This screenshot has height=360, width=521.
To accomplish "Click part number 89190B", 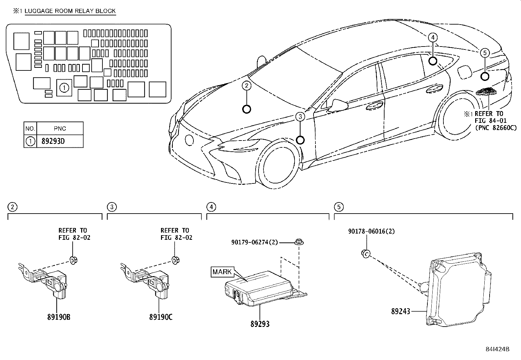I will click(x=59, y=317).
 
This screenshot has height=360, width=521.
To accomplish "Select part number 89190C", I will click(x=161, y=317).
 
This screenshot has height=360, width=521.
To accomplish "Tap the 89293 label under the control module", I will click(x=260, y=324).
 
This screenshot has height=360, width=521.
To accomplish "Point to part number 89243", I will click(x=401, y=311).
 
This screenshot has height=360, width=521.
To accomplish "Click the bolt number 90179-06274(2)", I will click(x=254, y=242).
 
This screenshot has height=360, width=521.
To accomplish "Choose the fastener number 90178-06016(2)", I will click(x=371, y=231).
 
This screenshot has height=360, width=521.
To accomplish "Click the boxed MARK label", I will click(x=222, y=272).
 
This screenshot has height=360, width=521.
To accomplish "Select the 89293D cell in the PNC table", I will click(x=54, y=142).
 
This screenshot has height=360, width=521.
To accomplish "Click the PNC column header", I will click(x=60, y=128).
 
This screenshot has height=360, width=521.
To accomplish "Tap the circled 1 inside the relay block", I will click(x=64, y=87).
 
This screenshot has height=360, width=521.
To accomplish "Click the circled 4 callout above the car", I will click(x=433, y=38).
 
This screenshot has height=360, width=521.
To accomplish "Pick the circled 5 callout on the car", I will click(x=485, y=52).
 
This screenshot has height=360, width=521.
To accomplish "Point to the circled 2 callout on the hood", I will click(x=246, y=86).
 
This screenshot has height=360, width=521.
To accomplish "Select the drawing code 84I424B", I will click(x=497, y=349).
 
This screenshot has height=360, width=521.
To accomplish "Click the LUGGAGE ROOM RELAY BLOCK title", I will click(x=70, y=11).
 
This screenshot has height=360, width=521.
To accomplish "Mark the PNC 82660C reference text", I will click(x=496, y=128).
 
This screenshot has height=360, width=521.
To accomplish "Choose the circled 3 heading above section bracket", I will click(x=112, y=207).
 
